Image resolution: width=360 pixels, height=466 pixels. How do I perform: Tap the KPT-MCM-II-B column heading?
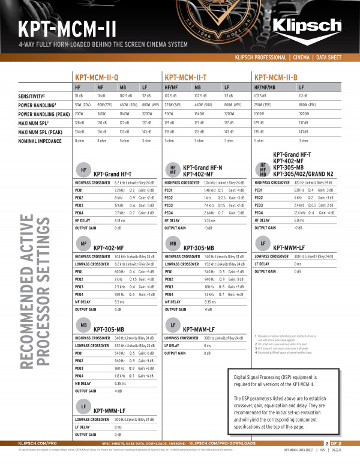[276, 77]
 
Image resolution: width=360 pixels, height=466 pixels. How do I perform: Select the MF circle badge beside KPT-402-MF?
[83, 244]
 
